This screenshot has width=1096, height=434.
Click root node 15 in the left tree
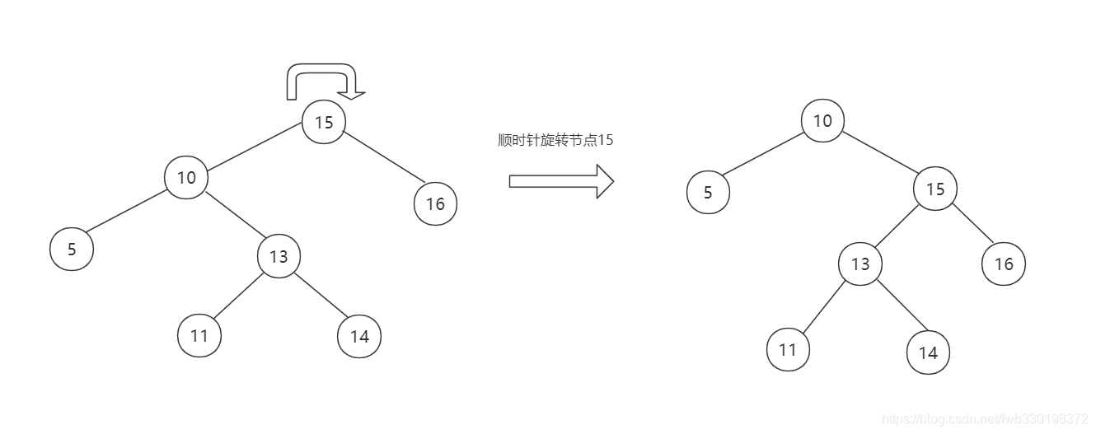point(324,122)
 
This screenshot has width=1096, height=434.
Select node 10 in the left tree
point(186,177)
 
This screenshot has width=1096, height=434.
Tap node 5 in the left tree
point(72,249)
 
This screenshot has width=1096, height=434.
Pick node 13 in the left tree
point(279,256)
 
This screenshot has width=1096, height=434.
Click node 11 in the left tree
point(199,336)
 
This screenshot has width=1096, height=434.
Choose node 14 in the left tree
point(359,336)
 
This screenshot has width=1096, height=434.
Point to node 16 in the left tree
point(435,203)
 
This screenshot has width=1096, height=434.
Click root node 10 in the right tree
point(822,121)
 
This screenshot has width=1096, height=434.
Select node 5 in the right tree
point(708,194)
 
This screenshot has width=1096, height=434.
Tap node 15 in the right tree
point(934,189)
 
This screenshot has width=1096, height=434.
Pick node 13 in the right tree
point(860,264)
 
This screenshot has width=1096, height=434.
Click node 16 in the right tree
point(1004,264)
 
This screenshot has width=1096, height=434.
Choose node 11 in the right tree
point(788,349)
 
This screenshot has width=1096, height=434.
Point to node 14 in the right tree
point(928,352)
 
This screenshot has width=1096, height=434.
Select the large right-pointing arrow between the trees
point(561,181)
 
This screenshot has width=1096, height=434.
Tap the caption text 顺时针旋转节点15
point(555,140)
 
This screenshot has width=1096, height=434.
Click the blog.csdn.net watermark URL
point(985,419)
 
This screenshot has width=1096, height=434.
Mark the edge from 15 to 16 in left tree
point(383,157)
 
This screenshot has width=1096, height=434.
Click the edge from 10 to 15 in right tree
point(879,155)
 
